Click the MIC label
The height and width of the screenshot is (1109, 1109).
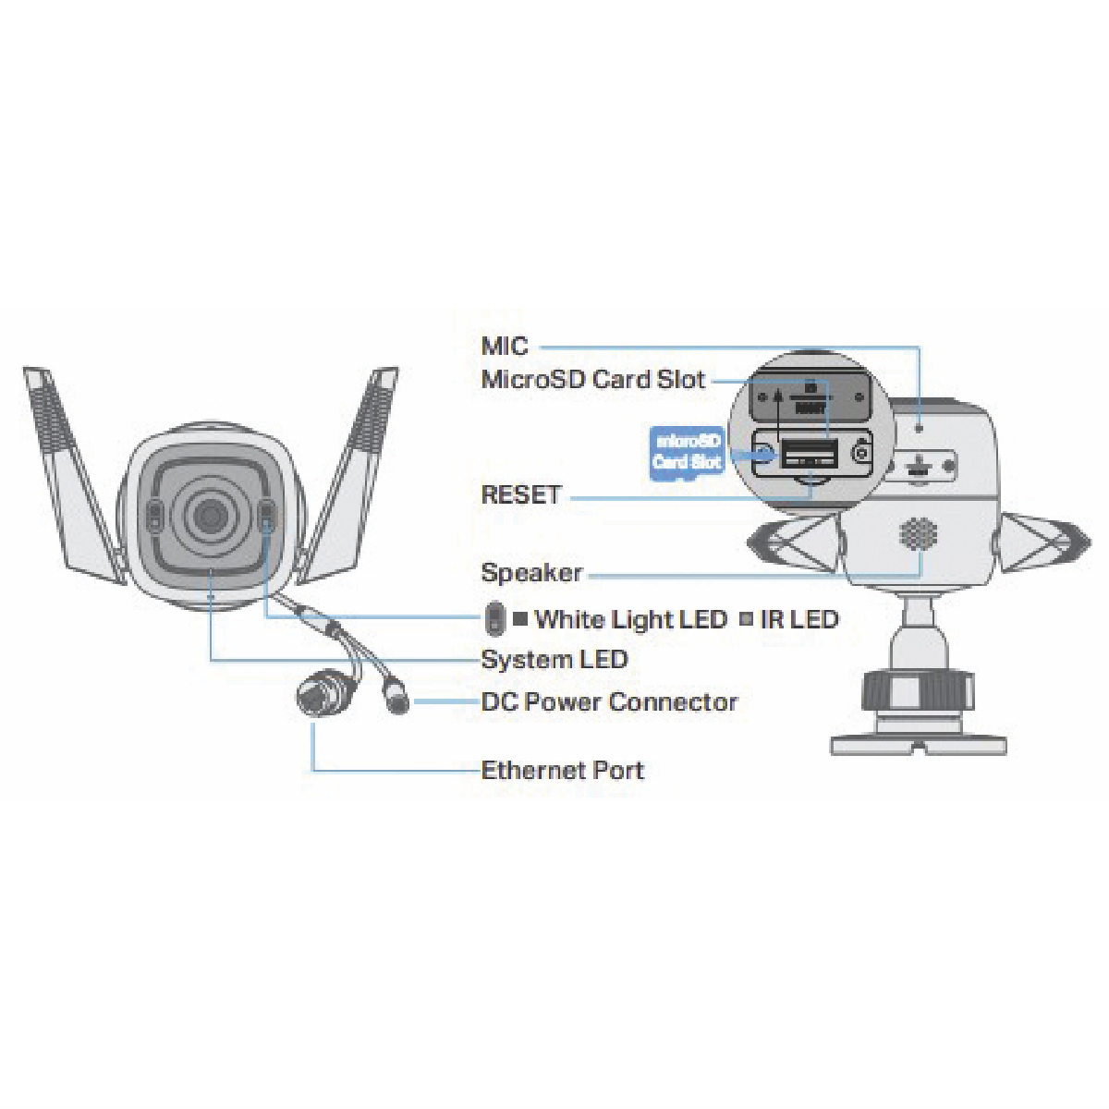(x=505, y=347)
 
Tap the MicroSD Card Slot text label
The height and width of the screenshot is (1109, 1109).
(x=592, y=380)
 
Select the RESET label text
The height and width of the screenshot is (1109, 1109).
(x=521, y=494)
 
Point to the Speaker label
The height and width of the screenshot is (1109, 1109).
(x=531, y=573)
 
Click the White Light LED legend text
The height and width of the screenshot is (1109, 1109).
(x=631, y=619)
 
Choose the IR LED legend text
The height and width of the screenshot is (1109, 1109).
(x=798, y=619)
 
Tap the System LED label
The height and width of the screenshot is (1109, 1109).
(x=554, y=660)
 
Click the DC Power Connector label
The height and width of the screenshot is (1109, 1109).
(x=609, y=702)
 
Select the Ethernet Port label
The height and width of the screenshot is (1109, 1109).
(x=562, y=770)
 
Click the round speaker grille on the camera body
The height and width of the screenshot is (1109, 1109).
(x=918, y=533)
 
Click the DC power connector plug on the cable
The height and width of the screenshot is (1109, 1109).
(x=396, y=699)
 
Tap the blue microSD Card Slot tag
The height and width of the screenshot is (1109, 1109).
(x=687, y=452)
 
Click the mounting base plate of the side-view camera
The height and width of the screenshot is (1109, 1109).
(x=918, y=742)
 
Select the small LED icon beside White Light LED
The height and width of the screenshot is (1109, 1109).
(x=496, y=619)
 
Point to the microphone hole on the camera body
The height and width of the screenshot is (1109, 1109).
(x=920, y=428)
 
